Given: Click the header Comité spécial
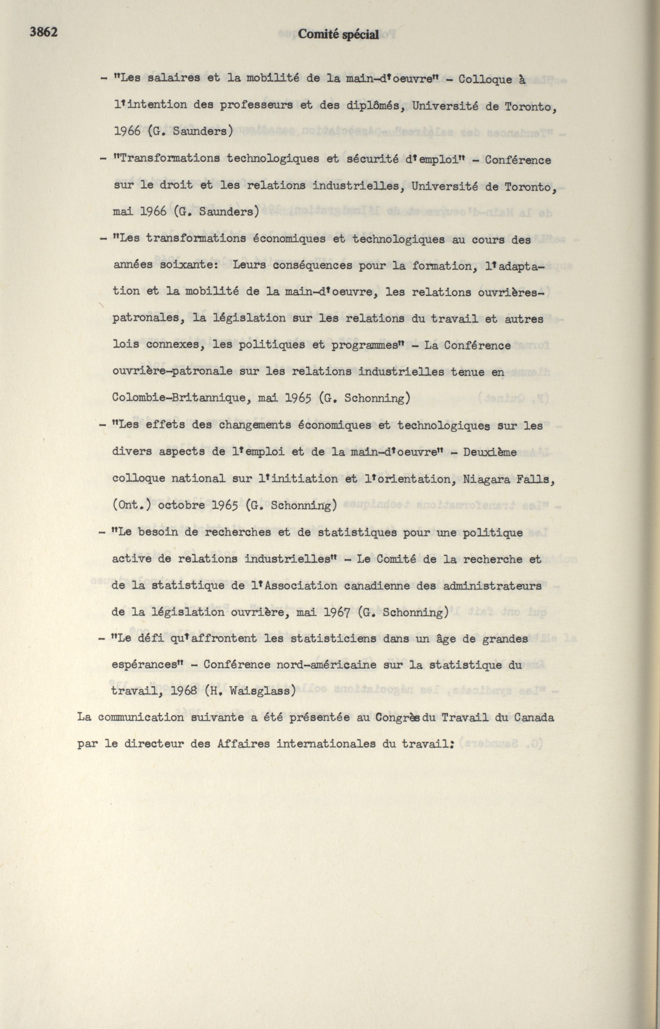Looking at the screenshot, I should tap(338, 35).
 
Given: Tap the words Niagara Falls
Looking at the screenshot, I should tap(509, 479).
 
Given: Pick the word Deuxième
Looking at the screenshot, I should tap(490, 452).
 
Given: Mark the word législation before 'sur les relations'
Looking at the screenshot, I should tap(246, 319).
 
